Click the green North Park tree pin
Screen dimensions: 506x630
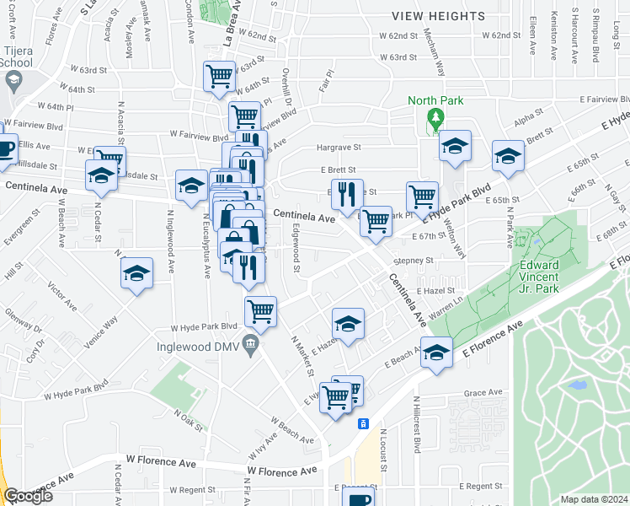(435, 120)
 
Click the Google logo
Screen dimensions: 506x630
(29, 496)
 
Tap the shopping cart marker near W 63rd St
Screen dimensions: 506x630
(219, 76)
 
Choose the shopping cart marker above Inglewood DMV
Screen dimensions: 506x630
(260, 310)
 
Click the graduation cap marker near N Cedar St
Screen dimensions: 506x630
(101, 175)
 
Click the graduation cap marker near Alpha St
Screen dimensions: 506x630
(508, 155)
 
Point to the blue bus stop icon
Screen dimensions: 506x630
(363, 423)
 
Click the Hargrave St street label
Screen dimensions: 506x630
(339, 148)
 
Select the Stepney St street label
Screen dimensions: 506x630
(413, 261)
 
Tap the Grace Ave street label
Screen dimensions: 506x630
(483, 392)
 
